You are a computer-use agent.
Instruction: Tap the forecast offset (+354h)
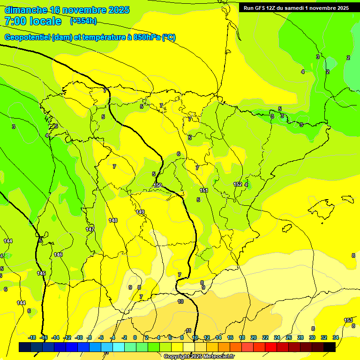83,21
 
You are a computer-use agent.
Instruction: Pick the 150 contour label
157,186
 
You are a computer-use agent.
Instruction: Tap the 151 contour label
204,191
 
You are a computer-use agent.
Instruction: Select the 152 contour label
238,185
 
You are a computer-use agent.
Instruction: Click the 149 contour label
140,212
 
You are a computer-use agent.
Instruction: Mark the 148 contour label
113,220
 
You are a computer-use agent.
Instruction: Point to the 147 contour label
90,229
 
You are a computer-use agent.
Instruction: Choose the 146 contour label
58,255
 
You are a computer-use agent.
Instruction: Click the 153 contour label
348,320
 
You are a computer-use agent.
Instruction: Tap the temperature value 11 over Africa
188,330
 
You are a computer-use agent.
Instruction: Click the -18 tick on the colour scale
32,337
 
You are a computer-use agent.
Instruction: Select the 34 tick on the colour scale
336,337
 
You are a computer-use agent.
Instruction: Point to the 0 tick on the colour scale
135,337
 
